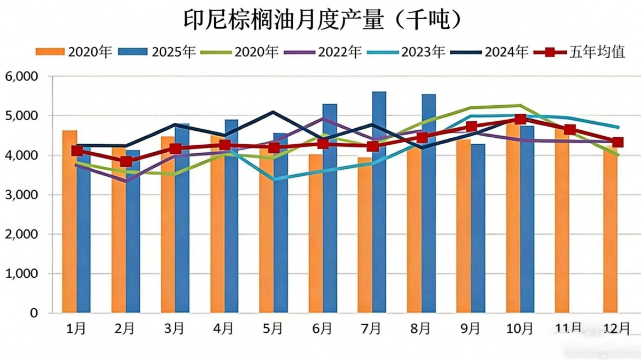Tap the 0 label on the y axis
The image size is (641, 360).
pos(34,313)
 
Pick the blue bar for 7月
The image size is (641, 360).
pos(379,203)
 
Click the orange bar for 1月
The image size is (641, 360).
pos(69,224)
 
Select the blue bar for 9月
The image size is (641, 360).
pos(478,230)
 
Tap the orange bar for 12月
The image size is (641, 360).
pos(611,235)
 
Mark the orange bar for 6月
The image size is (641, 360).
pos(316,235)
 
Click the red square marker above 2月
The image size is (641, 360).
pos(126,161)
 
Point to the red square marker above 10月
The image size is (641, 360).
pos(520,119)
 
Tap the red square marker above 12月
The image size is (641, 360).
pos(618,142)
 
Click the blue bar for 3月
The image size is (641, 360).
pos(182,219)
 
